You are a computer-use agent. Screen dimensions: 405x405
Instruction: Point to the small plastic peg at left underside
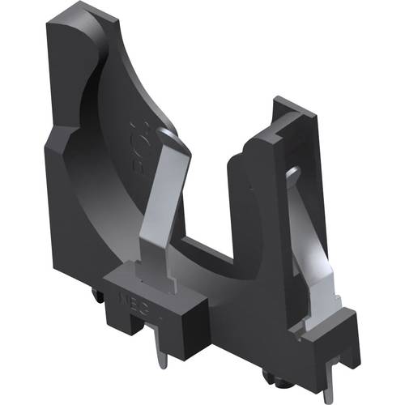[x=99, y=300]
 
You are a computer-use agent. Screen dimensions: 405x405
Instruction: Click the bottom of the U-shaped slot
[x=215, y=259]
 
